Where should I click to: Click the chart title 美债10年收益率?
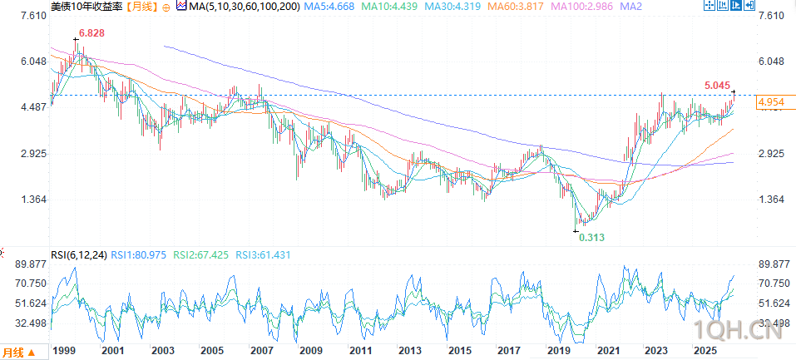[x=87, y=7]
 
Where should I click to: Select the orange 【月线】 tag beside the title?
[x=141, y=7]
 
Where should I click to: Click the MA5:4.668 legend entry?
[x=329, y=7]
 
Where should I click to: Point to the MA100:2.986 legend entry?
[x=581, y=7]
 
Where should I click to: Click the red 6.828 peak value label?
[x=91, y=33]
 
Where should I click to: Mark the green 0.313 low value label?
[x=592, y=238]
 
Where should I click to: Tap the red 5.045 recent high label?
[x=718, y=86]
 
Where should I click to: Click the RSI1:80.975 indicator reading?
[x=138, y=255]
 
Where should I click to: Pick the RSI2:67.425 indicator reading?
[x=201, y=255]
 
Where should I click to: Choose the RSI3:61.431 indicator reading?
[x=263, y=255]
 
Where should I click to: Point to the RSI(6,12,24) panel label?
[x=79, y=255]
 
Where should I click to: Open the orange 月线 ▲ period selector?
[x=19, y=352]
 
